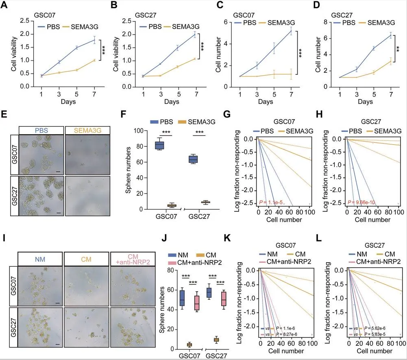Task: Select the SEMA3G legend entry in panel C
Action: (x=280, y=22)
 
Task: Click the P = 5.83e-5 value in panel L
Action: (x=376, y=334)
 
